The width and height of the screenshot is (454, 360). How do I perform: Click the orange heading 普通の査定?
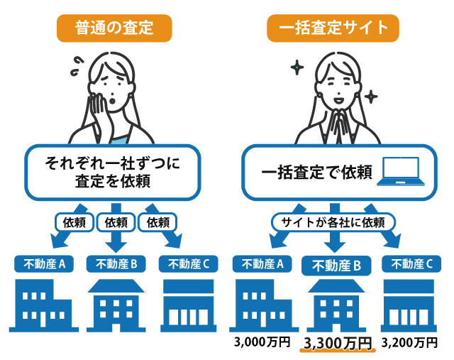pos(113,28)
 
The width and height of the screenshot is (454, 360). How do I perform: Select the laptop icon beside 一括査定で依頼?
pos(400,173)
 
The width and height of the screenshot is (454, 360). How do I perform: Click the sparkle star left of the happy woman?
pos(297,68)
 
